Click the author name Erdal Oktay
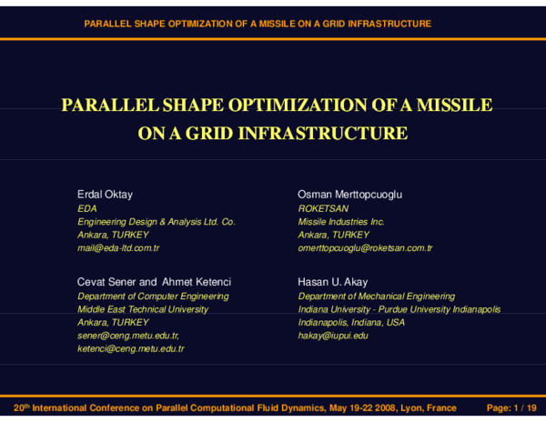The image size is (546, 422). tap(105, 195)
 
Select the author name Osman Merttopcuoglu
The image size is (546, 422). tap(349, 195)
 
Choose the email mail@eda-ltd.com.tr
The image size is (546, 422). tap(118, 247)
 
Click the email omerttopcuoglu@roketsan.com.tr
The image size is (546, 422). tap(365, 247)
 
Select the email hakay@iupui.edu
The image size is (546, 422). tap(333, 336)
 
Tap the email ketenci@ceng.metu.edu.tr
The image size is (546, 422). tap(130, 348)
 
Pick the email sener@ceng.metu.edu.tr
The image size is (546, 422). tap(127, 336)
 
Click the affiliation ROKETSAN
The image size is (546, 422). tap(323, 208)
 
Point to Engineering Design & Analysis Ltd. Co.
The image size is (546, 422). tap(156, 221)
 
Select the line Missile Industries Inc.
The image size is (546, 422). tap(341, 221)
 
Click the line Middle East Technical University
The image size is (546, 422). tap(143, 309)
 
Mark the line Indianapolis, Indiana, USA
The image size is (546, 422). tap(352, 322)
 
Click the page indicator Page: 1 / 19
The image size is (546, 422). tap(512, 408)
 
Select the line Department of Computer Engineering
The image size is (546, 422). tap(153, 296)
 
